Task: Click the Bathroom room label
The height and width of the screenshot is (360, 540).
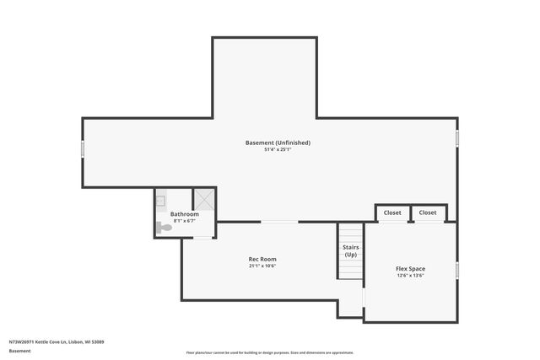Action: (x=185, y=214)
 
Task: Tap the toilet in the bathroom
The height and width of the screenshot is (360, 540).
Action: (x=164, y=227)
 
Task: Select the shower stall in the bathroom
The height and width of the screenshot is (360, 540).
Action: (x=204, y=200)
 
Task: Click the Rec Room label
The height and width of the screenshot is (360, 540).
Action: (x=262, y=259)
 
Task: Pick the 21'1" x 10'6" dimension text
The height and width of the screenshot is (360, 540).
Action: (x=262, y=266)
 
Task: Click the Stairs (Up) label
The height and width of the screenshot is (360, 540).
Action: (x=350, y=250)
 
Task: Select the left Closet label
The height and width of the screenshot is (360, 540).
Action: (x=392, y=212)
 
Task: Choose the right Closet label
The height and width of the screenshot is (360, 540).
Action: (x=428, y=212)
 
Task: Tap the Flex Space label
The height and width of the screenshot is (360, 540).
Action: (x=410, y=269)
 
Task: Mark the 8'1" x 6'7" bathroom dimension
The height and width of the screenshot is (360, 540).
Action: (x=185, y=221)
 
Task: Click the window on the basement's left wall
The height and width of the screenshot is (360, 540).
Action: (x=83, y=148)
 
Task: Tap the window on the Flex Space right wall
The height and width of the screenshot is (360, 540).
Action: (x=457, y=270)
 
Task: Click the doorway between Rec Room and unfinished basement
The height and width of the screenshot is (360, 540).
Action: (x=279, y=222)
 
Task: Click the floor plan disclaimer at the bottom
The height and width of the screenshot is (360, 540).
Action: (x=270, y=352)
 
